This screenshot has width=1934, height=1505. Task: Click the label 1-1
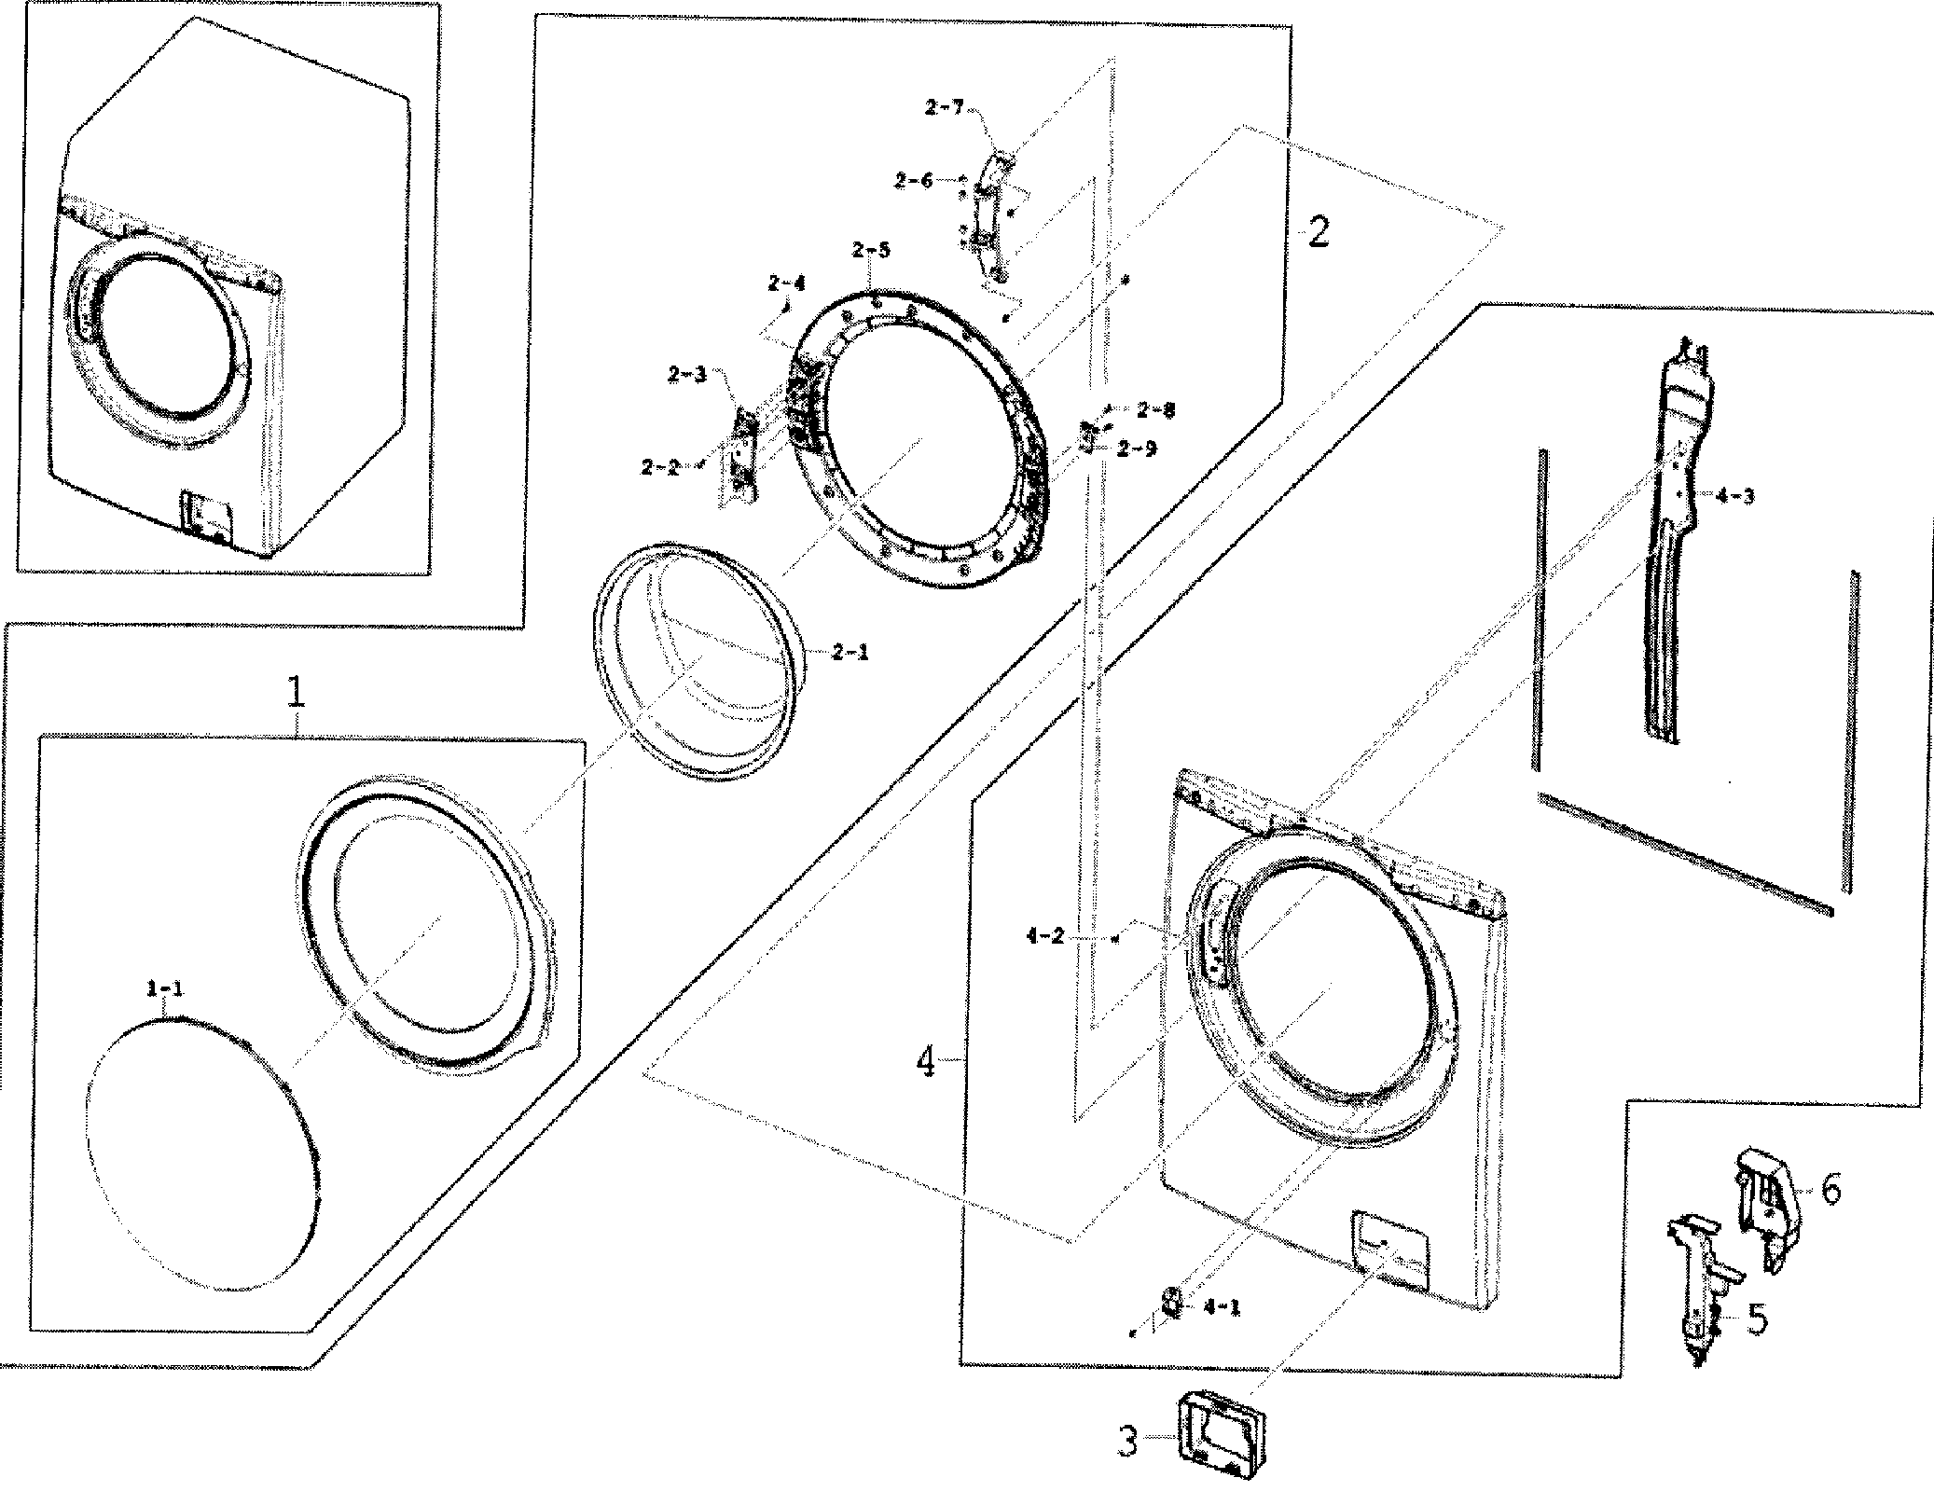click(164, 990)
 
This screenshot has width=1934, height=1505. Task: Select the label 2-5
click(870, 250)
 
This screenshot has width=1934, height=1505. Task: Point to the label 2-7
click(944, 108)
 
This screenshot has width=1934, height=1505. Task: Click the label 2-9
click(1137, 449)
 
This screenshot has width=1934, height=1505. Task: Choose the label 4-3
click(1734, 496)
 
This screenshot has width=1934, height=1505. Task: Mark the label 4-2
click(1044, 937)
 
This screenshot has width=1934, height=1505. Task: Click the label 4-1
click(1222, 1307)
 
